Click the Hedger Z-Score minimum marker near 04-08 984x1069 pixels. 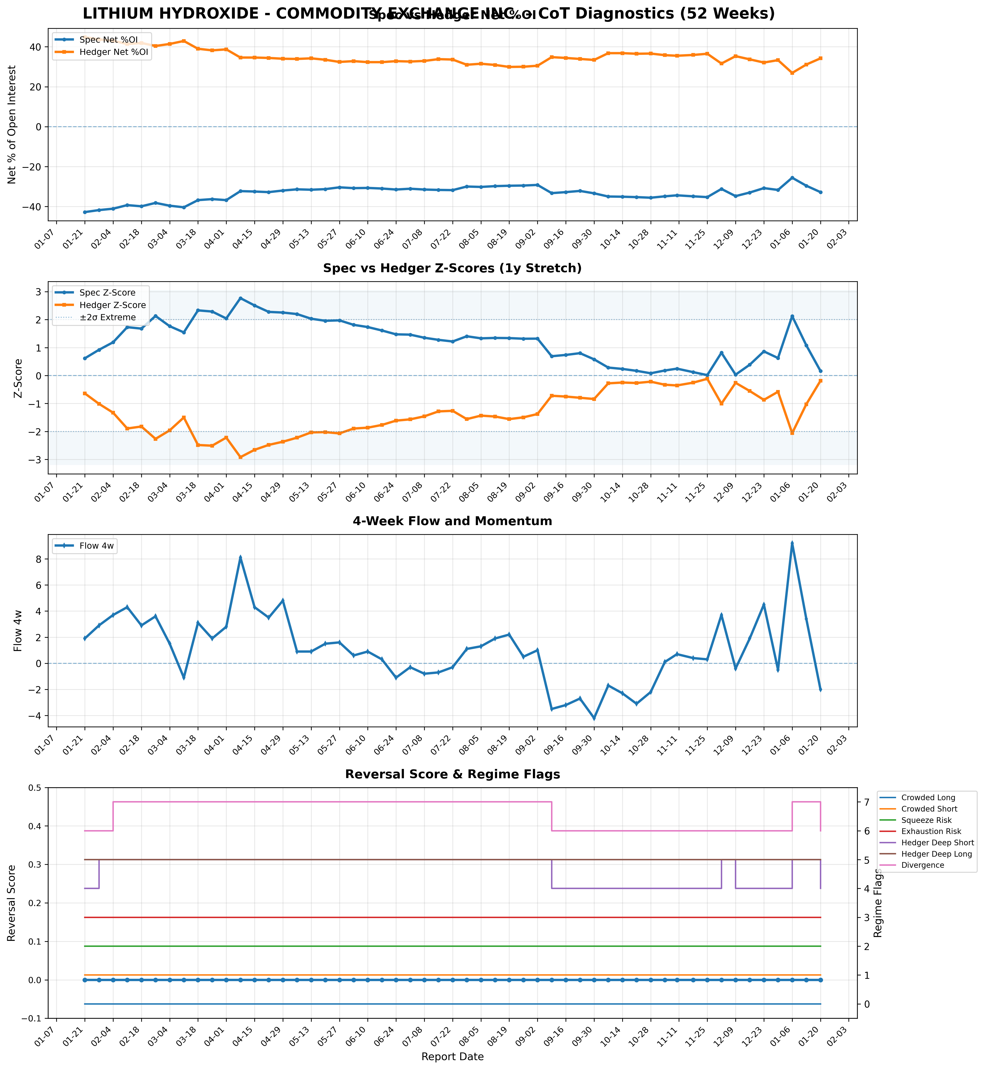click(x=240, y=457)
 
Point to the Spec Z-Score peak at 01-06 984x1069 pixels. click(x=792, y=316)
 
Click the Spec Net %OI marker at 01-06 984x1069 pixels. click(x=792, y=178)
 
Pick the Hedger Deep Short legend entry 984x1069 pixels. click(x=937, y=843)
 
